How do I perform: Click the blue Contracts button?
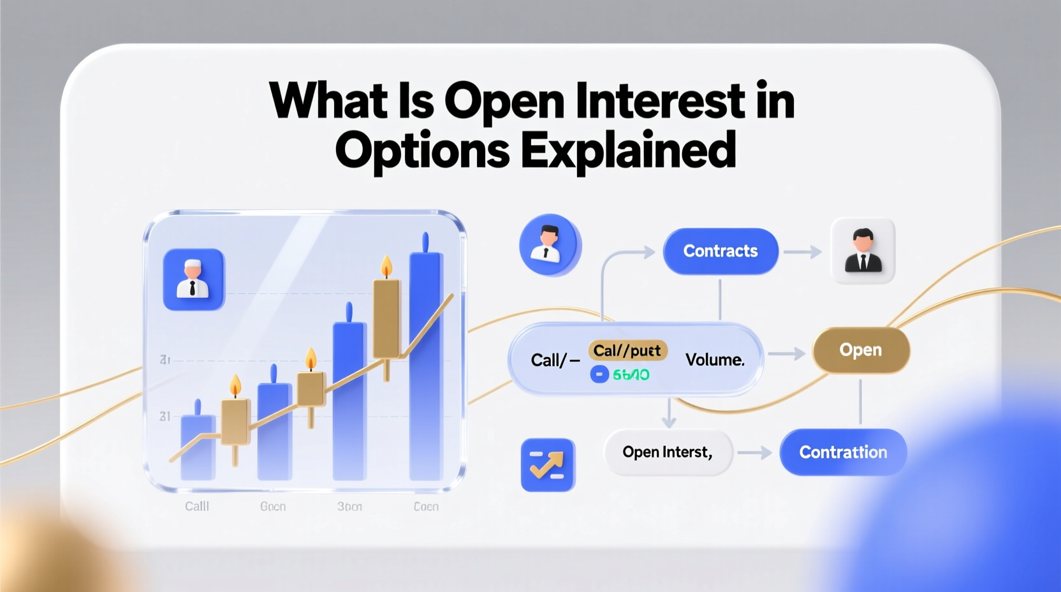tap(721, 251)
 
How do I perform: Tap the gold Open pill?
tap(861, 350)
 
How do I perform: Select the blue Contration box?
tap(843, 452)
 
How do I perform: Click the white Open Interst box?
tap(668, 452)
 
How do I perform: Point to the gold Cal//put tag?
tap(627, 351)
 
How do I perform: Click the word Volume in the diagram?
tap(715, 360)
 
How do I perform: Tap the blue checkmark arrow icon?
tap(548, 465)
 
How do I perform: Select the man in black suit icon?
tap(863, 251)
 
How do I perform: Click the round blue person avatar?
tap(550, 245)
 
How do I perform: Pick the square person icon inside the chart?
tap(194, 279)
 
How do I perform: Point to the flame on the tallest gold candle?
tap(386, 266)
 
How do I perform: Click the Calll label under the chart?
tap(197, 507)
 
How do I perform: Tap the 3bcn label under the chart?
tap(349, 507)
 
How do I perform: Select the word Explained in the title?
tap(628, 151)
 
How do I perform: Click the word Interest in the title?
tap(660, 101)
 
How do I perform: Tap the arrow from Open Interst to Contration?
tap(756, 453)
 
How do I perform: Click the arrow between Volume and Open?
tap(787, 353)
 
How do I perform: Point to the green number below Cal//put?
tap(631, 374)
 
